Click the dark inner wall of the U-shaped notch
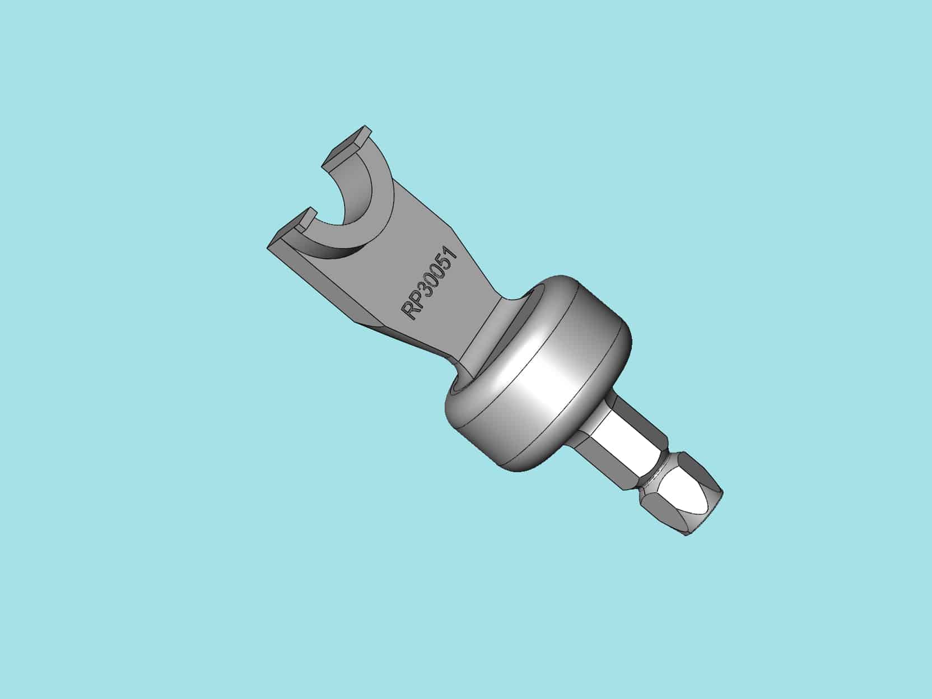click(342, 202)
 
